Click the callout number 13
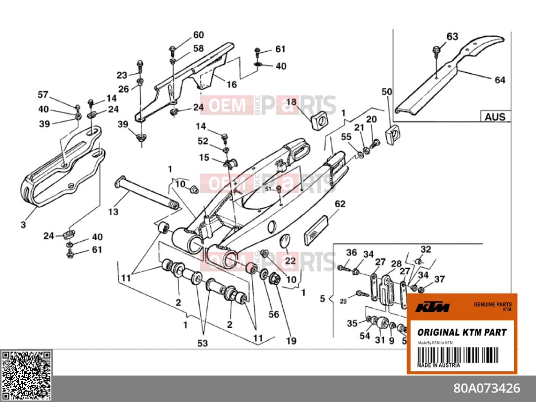tap(114, 212)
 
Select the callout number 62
tap(340, 204)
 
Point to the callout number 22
tap(290, 260)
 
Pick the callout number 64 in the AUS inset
tap(500, 80)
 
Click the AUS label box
tap(495, 116)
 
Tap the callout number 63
tap(452, 36)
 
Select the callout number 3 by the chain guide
tap(23, 225)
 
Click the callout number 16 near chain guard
tap(231, 84)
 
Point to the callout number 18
tap(291, 102)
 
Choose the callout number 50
tap(387, 92)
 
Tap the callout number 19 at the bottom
tap(291, 341)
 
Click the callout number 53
tap(202, 343)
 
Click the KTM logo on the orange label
tap(432, 308)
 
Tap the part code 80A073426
tap(486, 388)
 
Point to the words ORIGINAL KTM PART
tap(462, 332)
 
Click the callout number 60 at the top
tap(198, 35)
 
